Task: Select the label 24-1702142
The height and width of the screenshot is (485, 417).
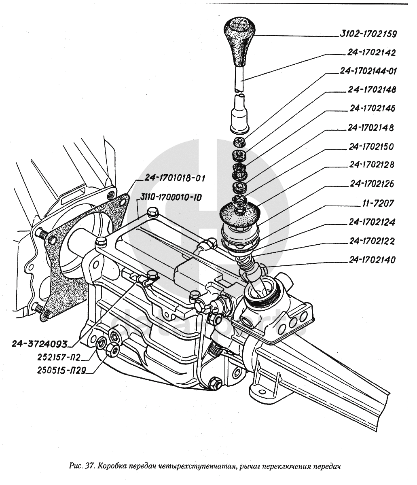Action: click(371, 53)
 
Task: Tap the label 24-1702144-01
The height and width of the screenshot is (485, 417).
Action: click(368, 71)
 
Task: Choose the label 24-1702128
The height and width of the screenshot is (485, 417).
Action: click(372, 165)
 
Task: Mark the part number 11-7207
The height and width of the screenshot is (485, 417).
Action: click(377, 203)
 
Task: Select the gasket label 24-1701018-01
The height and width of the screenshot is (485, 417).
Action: click(171, 178)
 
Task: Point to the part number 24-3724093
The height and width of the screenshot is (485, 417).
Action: click(39, 343)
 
